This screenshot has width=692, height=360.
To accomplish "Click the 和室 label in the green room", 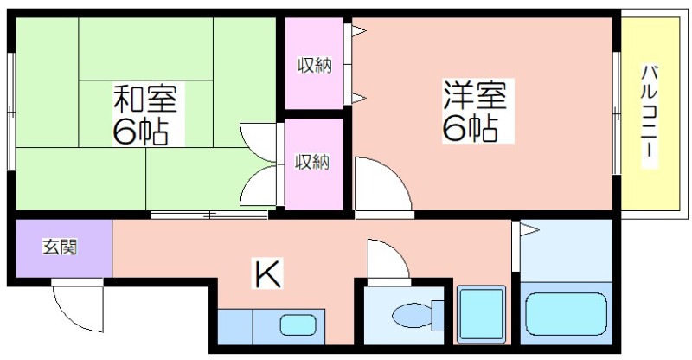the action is (x=145, y=98).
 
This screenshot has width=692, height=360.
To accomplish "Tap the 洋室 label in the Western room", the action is (x=475, y=95).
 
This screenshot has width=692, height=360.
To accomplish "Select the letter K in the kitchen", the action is (x=267, y=273).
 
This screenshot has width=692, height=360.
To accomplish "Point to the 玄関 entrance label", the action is (x=60, y=247).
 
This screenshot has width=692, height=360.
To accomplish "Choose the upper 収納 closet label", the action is (x=314, y=66).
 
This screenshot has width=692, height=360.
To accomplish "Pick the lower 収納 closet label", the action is (x=312, y=162).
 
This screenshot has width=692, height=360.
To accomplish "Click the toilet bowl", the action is (x=413, y=315).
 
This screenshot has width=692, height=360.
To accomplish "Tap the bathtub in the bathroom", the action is (x=567, y=314).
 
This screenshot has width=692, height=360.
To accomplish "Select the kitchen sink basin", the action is (x=298, y=325).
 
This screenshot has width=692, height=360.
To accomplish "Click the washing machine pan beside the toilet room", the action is (x=481, y=314).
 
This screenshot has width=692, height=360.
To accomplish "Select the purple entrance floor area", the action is (x=63, y=248).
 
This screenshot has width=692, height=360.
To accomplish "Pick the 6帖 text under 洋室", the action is (x=471, y=129).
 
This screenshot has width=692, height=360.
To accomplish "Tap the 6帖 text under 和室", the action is (x=141, y=132).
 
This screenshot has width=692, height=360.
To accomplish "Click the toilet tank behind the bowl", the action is (x=438, y=315).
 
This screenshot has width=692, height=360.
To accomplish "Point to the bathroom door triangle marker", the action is (x=529, y=229).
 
